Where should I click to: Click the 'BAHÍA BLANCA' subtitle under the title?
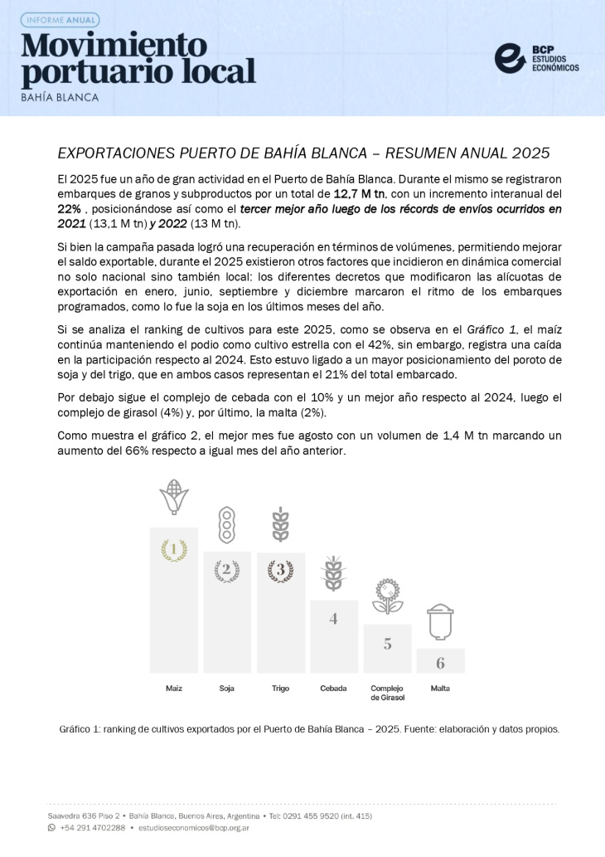tap(60, 97)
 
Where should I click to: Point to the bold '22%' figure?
tap(73, 209)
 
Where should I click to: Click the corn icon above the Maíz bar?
tap(173, 499)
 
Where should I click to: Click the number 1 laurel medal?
tap(173, 549)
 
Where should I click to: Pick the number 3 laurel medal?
tap(280, 570)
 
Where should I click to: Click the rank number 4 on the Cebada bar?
tap(333, 618)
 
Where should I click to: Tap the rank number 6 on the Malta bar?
tap(440, 663)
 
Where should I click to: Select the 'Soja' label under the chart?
tap(226, 689)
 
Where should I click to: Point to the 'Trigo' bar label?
tap(280, 689)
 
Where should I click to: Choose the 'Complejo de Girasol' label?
tap(387, 694)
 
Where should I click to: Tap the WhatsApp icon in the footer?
tap(51, 827)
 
